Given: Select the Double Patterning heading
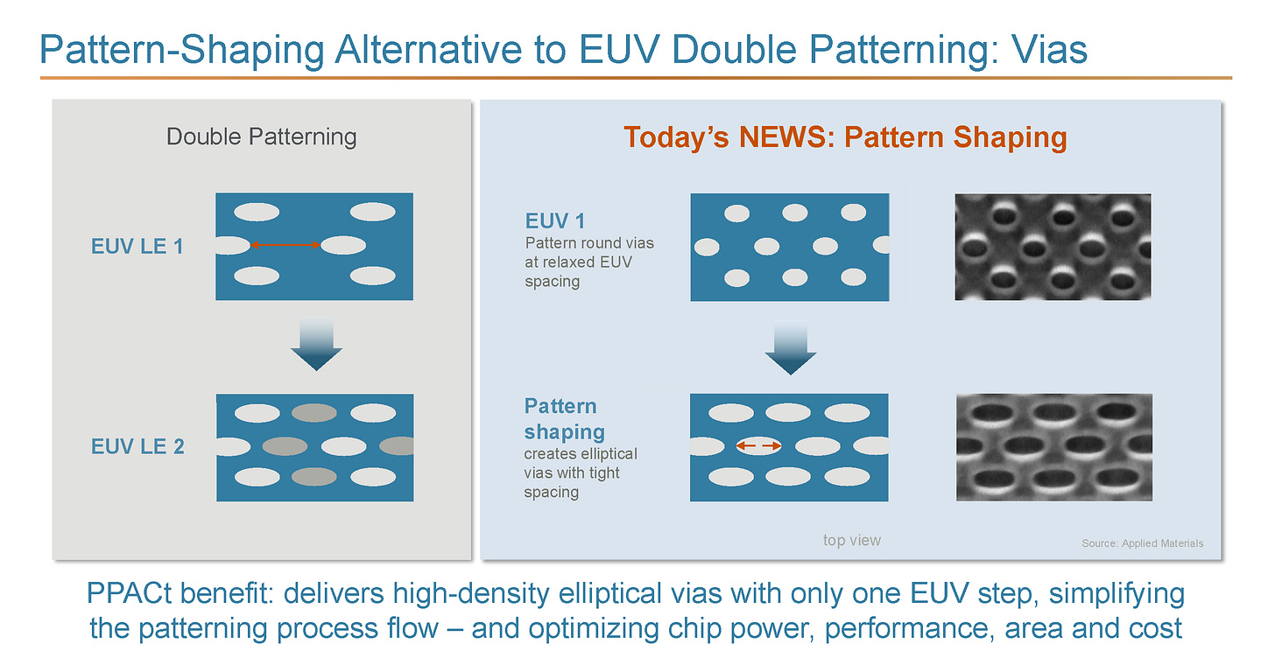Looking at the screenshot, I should pos(261,136).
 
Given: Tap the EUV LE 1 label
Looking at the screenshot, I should pos(137,246).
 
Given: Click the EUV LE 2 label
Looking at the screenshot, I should pos(137,446).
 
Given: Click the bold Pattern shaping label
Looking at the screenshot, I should pos(564,419).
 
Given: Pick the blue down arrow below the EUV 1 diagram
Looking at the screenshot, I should pos(790,347).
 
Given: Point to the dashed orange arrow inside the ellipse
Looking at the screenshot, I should pos(757,446).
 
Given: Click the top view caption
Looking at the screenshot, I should pos(851,541).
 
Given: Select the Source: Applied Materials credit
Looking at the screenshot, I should pos(1142,543).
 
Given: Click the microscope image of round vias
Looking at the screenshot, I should pos(1053,247).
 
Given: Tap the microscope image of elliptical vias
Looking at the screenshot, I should pos(1053,446).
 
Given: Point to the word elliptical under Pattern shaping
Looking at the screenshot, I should pos(607,454).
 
